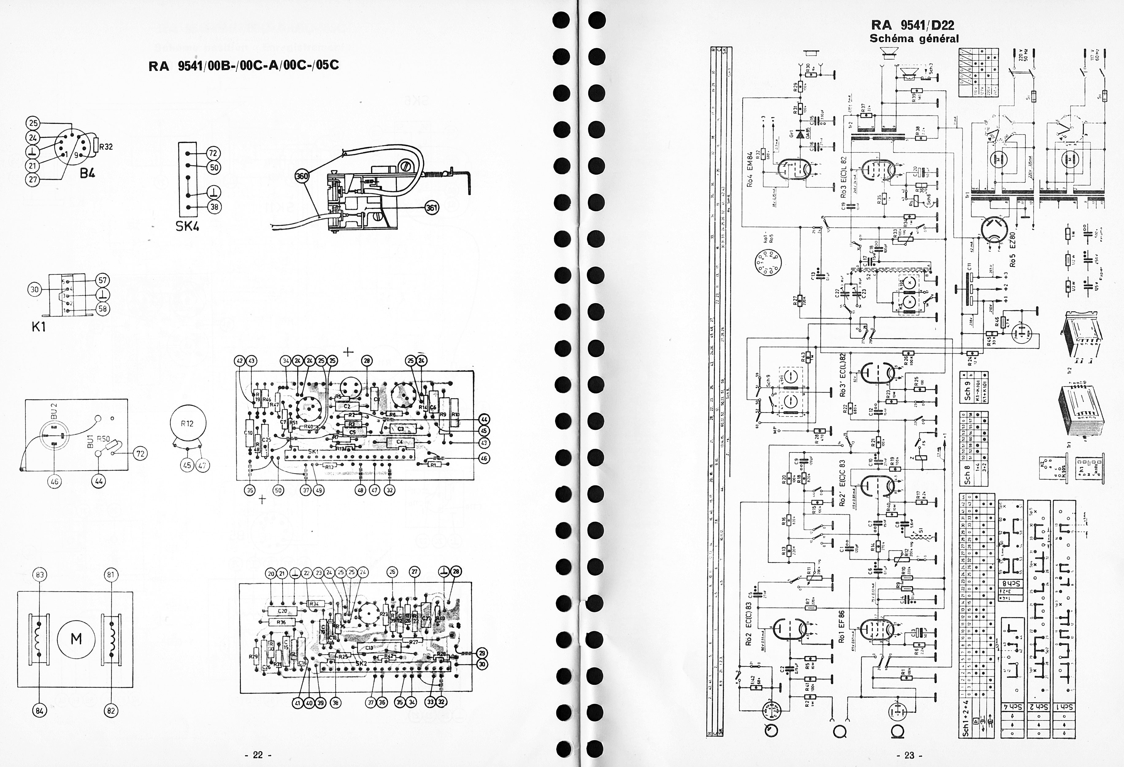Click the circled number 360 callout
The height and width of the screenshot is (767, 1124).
click(302, 177)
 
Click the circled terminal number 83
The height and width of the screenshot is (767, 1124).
click(40, 575)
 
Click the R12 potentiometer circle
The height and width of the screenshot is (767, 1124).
click(187, 423)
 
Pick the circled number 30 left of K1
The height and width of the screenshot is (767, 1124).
click(34, 290)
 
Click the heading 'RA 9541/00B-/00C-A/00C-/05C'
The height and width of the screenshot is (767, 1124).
click(244, 66)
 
